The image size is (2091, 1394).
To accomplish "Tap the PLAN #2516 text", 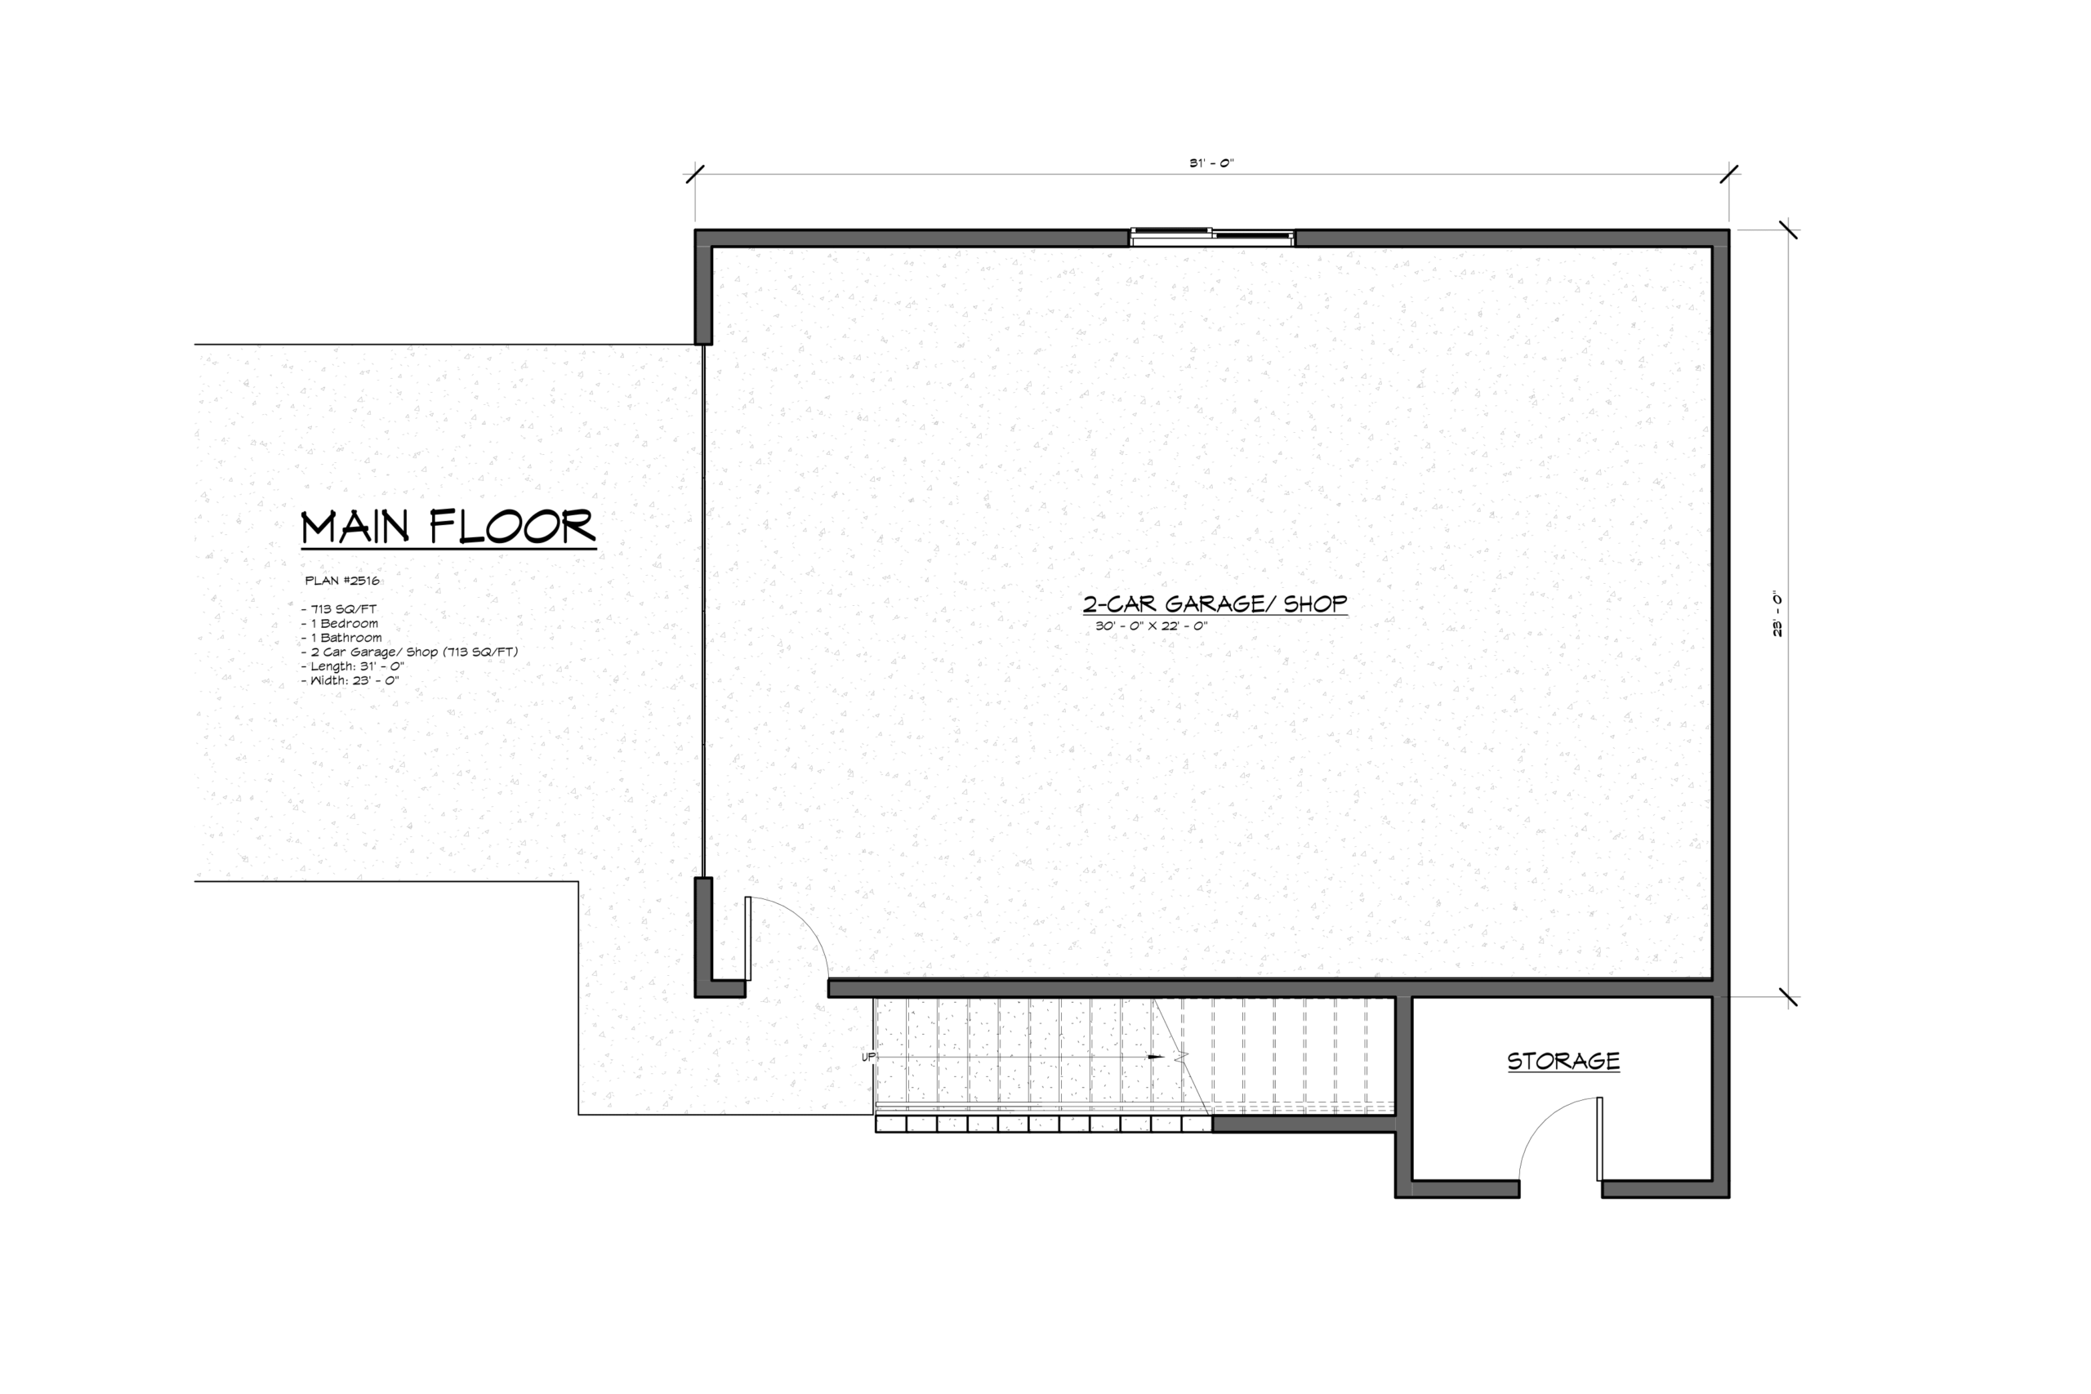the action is (x=342, y=581).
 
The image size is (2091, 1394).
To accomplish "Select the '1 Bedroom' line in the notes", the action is (x=340, y=623).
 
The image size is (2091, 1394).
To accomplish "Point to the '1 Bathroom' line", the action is (x=341, y=638).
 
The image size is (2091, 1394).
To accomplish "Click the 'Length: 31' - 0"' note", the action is (x=352, y=666).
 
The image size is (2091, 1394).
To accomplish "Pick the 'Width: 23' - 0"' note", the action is (x=350, y=680).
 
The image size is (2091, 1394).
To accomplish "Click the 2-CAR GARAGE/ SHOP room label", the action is (x=1215, y=603).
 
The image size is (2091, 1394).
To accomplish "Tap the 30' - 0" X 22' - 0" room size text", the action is (x=1152, y=626).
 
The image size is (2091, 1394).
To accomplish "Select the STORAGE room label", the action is (x=1563, y=1061).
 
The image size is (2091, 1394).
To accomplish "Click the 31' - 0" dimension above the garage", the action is (x=1212, y=163).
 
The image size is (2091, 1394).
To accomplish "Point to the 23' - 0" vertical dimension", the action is (x=1778, y=613).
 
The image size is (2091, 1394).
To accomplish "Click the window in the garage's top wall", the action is (x=1212, y=237).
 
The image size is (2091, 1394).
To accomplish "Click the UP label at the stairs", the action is (x=868, y=1057).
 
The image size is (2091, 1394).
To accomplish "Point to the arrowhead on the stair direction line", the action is (x=1156, y=1057).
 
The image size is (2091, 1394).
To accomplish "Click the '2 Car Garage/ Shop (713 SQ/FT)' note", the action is (x=409, y=652).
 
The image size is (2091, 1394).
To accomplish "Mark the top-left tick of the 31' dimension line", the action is (x=695, y=173).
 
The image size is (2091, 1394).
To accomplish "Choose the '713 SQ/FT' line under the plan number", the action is (x=339, y=609).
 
